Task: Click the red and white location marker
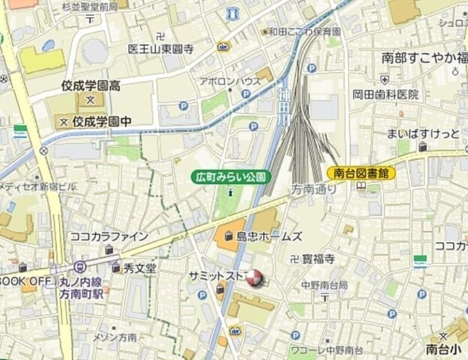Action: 255,279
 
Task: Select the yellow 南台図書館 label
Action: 361,173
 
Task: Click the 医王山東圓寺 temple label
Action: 161,49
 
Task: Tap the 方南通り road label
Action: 314,190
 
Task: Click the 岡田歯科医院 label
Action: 386,94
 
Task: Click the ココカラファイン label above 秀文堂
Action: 109,236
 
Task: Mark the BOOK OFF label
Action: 25,280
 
